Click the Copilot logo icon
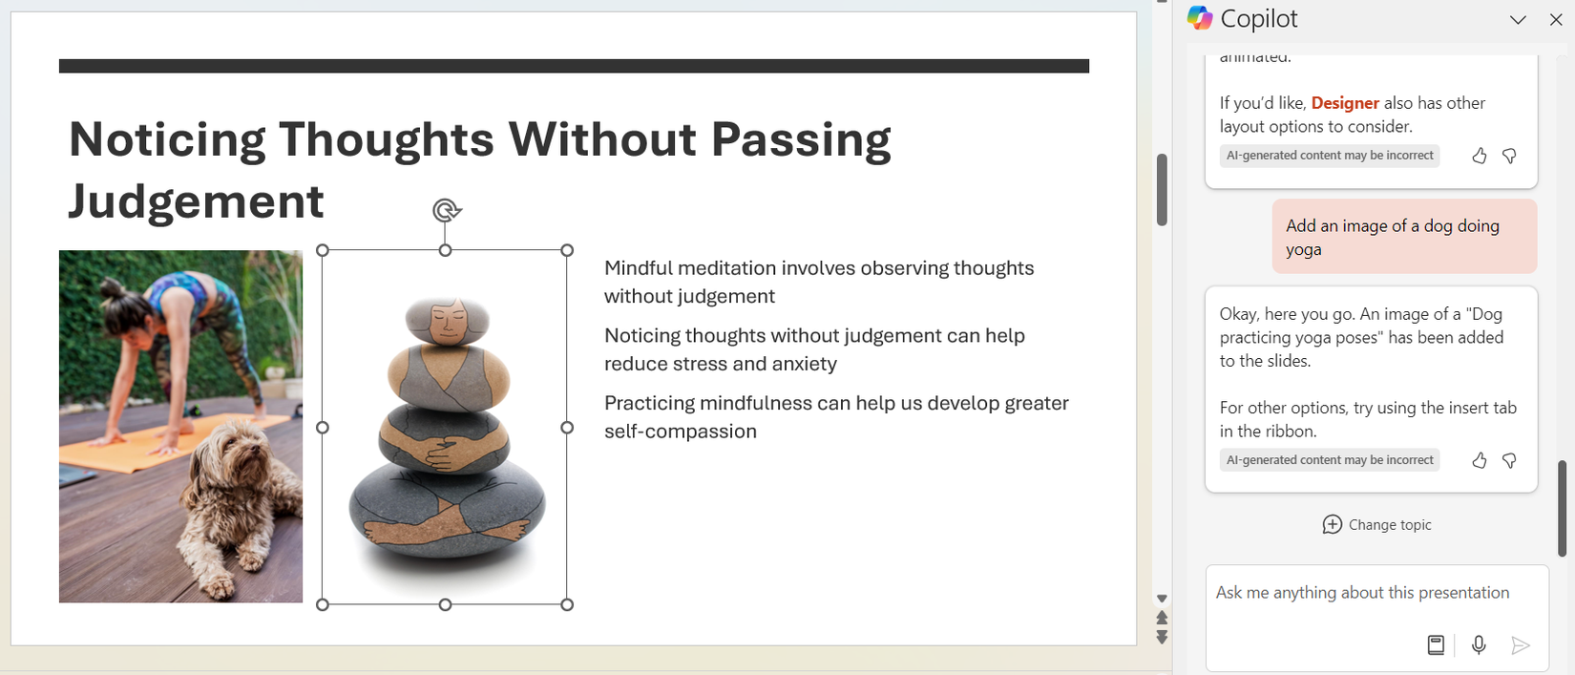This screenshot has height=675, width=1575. click(x=1200, y=18)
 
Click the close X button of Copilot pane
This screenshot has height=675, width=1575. click(x=1556, y=20)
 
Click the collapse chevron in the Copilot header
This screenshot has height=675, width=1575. click(x=1518, y=20)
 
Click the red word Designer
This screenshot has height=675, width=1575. click(x=1345, y=103)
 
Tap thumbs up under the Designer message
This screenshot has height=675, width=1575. click(x=1480, y=156)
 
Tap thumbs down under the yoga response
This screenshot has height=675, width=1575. click(x=1509, y=461)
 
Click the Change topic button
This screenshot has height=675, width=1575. click(x=1376, y=525)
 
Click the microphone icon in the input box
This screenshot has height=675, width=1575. click(x=1479, y=645)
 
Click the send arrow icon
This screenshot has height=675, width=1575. click(x=1521, y=646)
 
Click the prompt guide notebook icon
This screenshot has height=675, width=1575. click(x=1436, y=645)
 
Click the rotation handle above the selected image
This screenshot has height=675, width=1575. click(x=446, y=210)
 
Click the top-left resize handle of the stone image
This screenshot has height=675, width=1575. click(x=323, y=250)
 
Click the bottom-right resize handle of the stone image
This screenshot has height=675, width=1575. click(x=567, y=604)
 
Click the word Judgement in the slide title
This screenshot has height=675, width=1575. click(x=197, y=201)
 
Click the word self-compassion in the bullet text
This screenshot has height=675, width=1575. click(x=680, y=432)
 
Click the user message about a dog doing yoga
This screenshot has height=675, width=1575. click(x=1403, y=237)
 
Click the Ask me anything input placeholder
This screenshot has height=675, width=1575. click(x=1362, y=593)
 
